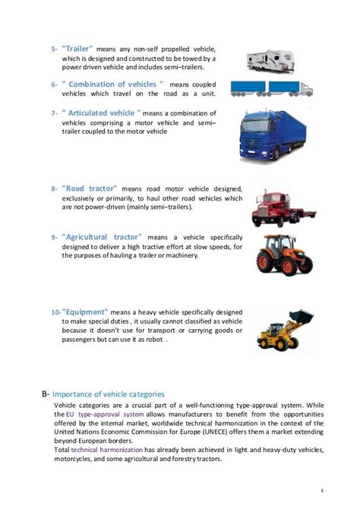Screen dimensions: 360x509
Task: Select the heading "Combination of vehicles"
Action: [x=114, y=83]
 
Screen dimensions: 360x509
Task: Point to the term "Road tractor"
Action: [x=89, y=188]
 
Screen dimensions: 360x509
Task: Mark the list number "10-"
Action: [x=55, y=312]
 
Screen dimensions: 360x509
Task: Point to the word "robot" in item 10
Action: [x=153, y=340]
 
